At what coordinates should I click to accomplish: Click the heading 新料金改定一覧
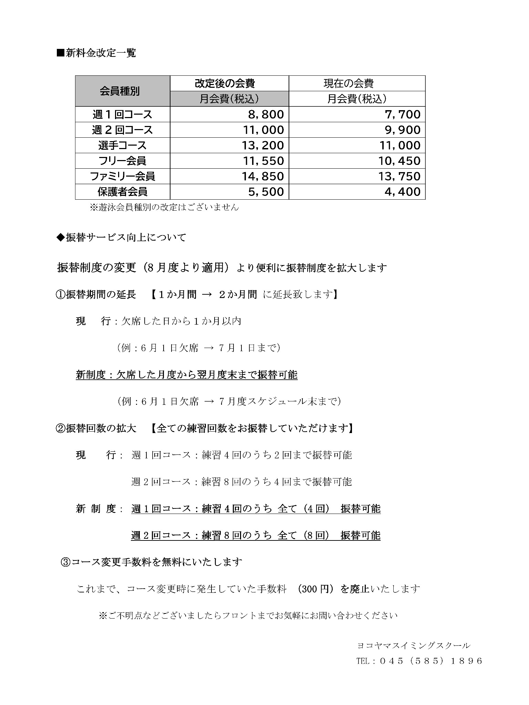click(96, 53)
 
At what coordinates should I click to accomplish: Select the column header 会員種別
click(120, 91)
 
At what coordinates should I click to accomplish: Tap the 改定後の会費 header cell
click(229, 83)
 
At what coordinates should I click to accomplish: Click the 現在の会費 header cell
click(357, 83)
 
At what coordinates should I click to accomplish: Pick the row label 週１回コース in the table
click(122, 114)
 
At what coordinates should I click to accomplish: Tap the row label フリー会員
click(122, 161)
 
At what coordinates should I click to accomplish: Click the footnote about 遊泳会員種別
click(164, 207)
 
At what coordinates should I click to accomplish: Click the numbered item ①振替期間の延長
click(96, 295)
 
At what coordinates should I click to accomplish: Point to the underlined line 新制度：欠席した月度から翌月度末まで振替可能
click(186, 375)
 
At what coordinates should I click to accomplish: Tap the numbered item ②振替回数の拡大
click(96, 428)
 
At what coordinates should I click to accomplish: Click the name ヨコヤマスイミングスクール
click(413, 645)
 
